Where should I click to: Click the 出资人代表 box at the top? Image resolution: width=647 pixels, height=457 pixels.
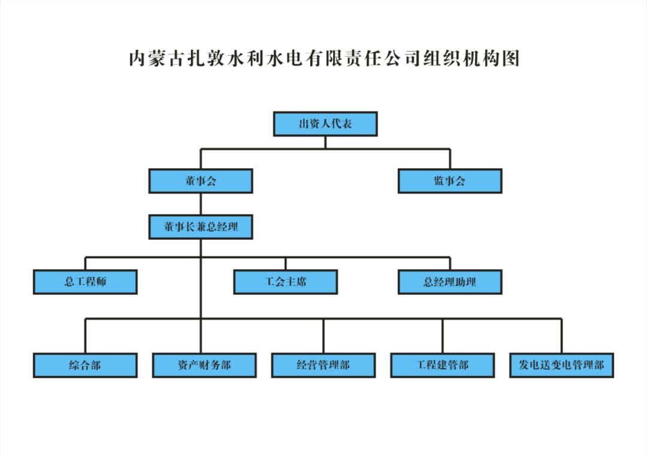click(x=325, y=124)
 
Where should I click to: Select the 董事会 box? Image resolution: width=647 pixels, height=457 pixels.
click(x=201, y=181)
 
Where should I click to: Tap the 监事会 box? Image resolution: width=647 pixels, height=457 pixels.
click(x=450, y=181)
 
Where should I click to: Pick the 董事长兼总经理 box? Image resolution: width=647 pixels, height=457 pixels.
click(x=201, y=228)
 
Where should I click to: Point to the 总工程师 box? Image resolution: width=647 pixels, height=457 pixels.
click(x=85, y=282)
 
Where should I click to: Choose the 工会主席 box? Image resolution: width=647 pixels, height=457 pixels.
click(x=285, y=282)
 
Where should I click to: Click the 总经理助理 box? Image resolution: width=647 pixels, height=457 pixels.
click(x=450, y=282)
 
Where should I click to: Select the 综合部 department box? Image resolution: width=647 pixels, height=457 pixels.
click(x=85, y=365)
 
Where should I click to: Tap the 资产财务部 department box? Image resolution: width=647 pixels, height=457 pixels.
click(x=204, y=365)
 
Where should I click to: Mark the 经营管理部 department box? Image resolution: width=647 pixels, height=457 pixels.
click(x=323, y=365)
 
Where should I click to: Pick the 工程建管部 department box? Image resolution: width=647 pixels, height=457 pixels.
click(x=443, y=365)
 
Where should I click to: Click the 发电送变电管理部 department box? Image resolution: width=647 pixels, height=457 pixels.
click(x=562, y=365)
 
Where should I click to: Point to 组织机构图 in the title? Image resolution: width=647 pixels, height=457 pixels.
click(x=471, y=59)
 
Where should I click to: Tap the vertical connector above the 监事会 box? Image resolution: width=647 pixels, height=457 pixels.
click(x=450, y=159)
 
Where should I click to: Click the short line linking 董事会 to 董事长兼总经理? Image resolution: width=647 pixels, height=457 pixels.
click(x=201, y=204)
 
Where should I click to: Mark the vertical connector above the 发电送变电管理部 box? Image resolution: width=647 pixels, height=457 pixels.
click(x=562, y=336)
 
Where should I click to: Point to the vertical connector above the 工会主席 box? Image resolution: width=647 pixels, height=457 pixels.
click(x=285, y=264)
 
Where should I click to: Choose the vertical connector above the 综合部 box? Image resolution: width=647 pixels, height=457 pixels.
click(x=85, y=336)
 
